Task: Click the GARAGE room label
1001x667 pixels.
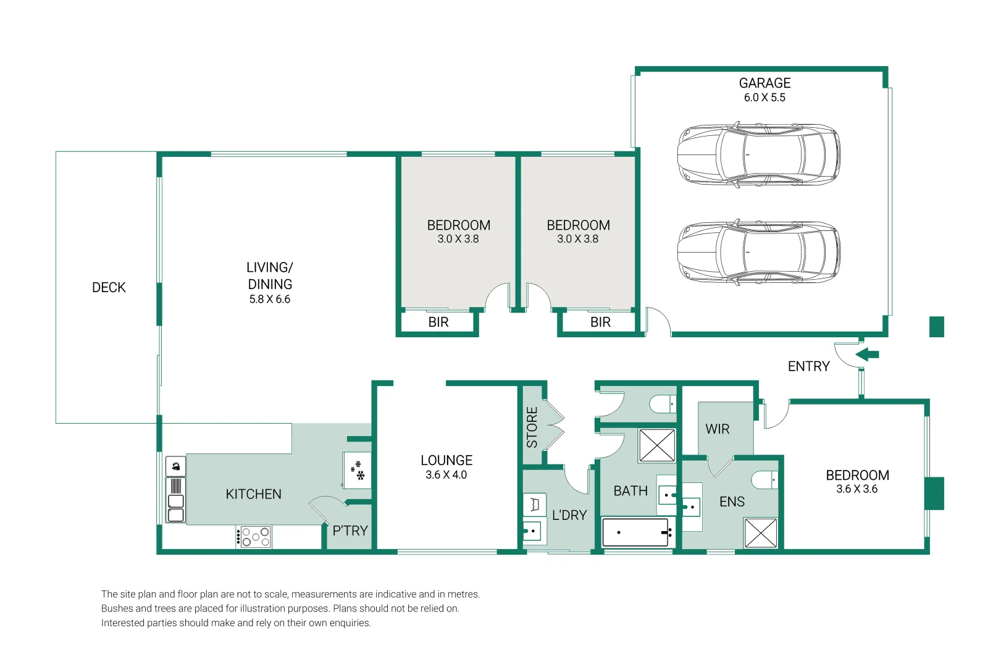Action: click(764, 83)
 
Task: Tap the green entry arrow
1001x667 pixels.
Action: click(868, 354)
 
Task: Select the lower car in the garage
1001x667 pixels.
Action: click(758, 252)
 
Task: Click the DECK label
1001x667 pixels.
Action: click(109, 287)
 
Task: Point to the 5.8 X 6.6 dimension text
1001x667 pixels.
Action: click(270, 300)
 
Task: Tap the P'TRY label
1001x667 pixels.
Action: click(350, 531)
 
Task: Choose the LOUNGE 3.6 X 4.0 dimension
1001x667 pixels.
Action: click(446, 475)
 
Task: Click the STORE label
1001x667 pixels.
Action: click(532, 427)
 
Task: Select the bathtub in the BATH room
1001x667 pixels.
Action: click(636, 532)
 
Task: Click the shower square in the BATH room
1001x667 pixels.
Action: click(657, 445)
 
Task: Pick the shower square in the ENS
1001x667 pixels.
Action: click(761, 533)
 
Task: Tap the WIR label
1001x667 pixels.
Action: click(718, 429)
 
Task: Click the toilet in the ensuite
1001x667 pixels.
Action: click(764, 479)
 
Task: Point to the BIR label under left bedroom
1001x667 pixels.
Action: click(438, 322)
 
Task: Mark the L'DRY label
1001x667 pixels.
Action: click(569, 515)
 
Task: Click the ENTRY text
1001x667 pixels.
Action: click(808, 367)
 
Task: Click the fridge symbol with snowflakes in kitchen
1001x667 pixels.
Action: click(358, 471)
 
